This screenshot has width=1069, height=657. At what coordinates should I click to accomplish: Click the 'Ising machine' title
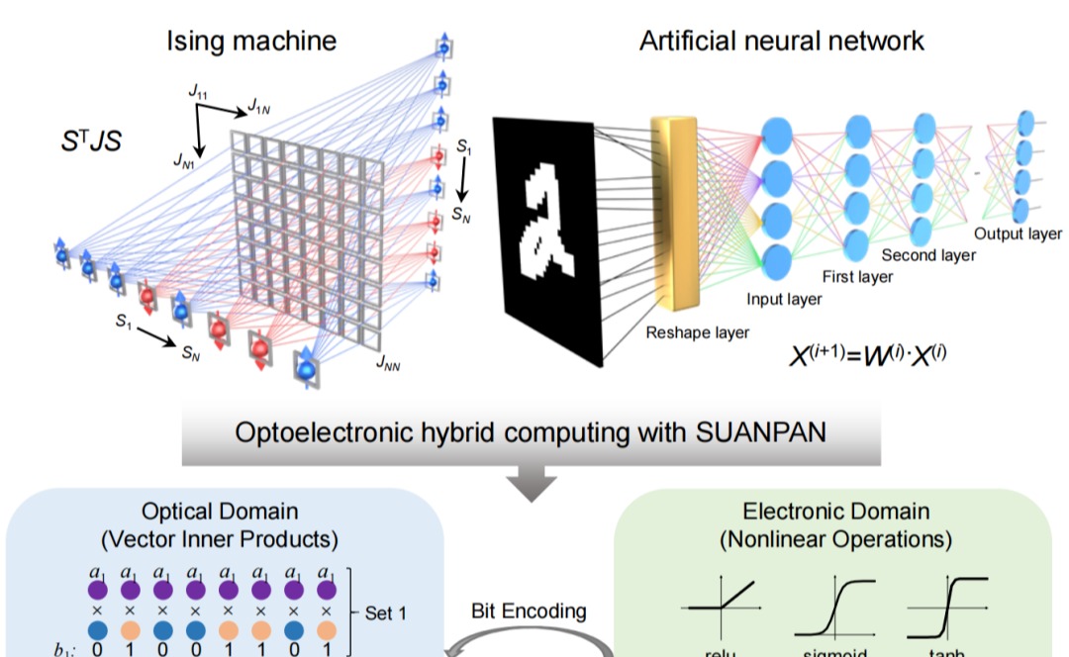tap(250, 41)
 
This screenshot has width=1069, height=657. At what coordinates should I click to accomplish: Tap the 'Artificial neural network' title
tap(782, 41)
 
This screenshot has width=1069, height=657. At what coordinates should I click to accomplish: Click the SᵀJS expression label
tap(91, 141)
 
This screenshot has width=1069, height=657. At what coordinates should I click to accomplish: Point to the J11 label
tap(198, 92)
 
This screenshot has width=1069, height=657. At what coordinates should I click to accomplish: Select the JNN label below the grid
tap(388, 364)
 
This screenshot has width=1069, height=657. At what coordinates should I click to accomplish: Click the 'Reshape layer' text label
tap(698, 332)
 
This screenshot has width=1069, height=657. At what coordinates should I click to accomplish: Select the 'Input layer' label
tap(784, 299)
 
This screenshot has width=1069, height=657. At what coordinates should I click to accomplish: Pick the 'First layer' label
tap(857, 277)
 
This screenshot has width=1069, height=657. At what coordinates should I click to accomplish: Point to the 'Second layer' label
tap(928, 255)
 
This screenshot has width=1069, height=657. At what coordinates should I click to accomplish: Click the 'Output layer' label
tap(1018, 235)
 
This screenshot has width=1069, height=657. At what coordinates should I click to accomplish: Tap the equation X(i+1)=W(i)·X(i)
tap(867, 353)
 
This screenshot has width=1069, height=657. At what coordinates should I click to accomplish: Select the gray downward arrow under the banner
tap(531, 482)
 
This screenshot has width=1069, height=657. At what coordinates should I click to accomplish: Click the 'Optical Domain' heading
tap(219, 512)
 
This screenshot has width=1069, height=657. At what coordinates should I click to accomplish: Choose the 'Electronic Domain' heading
tap(835, 512)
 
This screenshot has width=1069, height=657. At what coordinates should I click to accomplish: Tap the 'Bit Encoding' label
tap(529, 610)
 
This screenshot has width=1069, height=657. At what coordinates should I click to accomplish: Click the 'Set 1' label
tap(385, 613)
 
